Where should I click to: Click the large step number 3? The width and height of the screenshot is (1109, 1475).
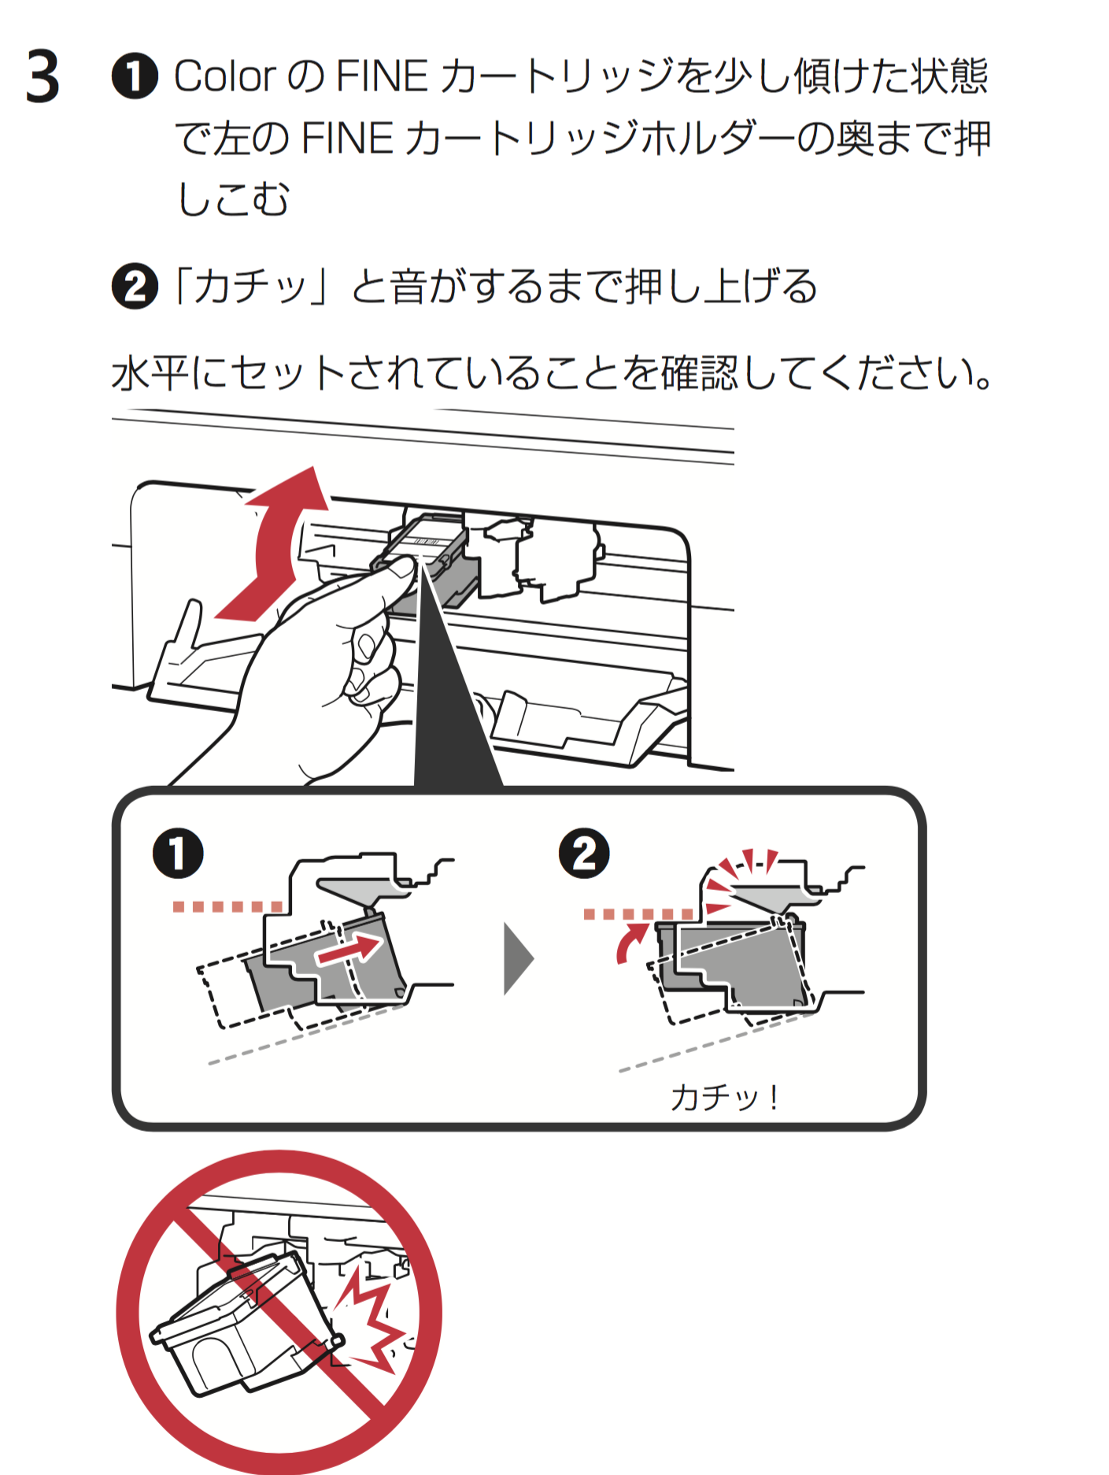[x=43, y=77]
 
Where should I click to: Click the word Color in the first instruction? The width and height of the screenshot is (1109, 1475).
[x=224, y=77]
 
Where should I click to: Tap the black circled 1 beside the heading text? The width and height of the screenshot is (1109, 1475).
[x=135, y=77]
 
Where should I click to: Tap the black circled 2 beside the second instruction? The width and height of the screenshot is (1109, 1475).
[x=135, y=287]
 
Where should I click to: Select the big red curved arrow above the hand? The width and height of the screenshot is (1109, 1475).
[x=275, y=543]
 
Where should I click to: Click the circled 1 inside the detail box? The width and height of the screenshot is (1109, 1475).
[x=178, y=854]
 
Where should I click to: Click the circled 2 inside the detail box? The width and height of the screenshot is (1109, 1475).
[x=584, y=854]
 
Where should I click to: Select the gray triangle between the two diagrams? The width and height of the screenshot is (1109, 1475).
[x=517, y=959]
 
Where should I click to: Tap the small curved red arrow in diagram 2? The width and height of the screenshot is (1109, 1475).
[x=630, y=943]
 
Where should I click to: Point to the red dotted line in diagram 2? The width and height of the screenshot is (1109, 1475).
[x=638, y=914]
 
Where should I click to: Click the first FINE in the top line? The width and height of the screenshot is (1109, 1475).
[x=382, y=77]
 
